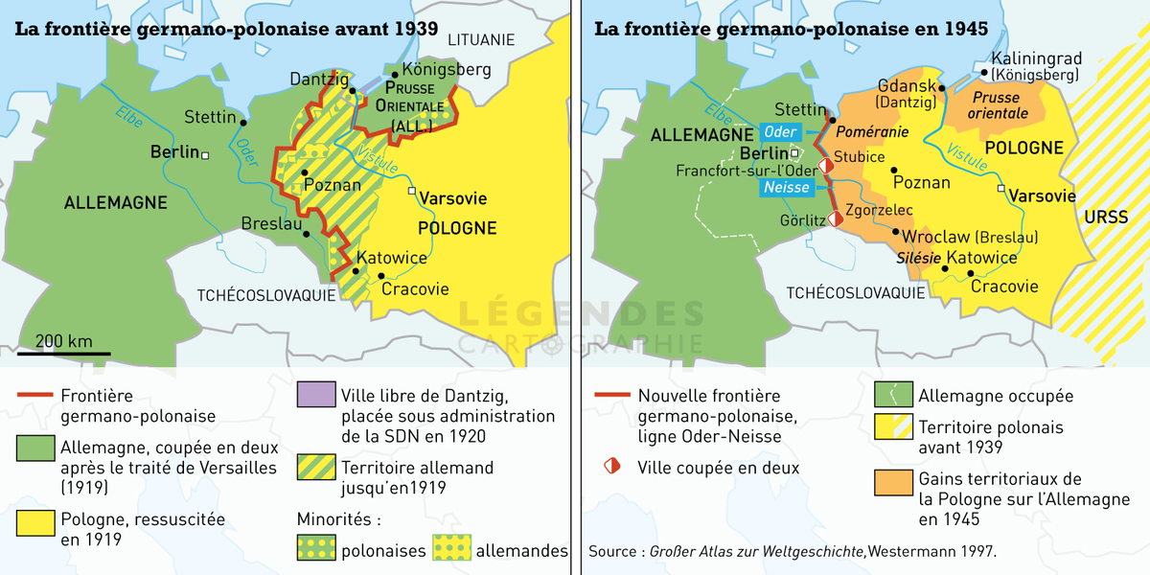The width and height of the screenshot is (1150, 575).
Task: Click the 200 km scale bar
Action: point(63,354)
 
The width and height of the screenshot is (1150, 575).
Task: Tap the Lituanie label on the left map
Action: point(475,39)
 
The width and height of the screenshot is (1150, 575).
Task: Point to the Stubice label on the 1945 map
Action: point(859,155)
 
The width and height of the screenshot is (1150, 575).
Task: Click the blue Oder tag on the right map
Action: point(778,130)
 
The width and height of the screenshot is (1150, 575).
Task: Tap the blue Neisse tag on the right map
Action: point(786,187)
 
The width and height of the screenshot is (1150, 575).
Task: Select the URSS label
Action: point(1105,217)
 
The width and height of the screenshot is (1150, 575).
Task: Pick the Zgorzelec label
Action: point(880,210)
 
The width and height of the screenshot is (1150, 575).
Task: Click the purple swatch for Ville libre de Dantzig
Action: point(316,395)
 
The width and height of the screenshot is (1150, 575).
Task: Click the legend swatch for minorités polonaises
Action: point(316,550)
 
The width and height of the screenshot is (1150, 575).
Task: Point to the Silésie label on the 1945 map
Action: point(917,258)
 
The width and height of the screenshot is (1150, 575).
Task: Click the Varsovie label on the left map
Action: point(453,198)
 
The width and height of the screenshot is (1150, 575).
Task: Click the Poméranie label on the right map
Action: point(870,130)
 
